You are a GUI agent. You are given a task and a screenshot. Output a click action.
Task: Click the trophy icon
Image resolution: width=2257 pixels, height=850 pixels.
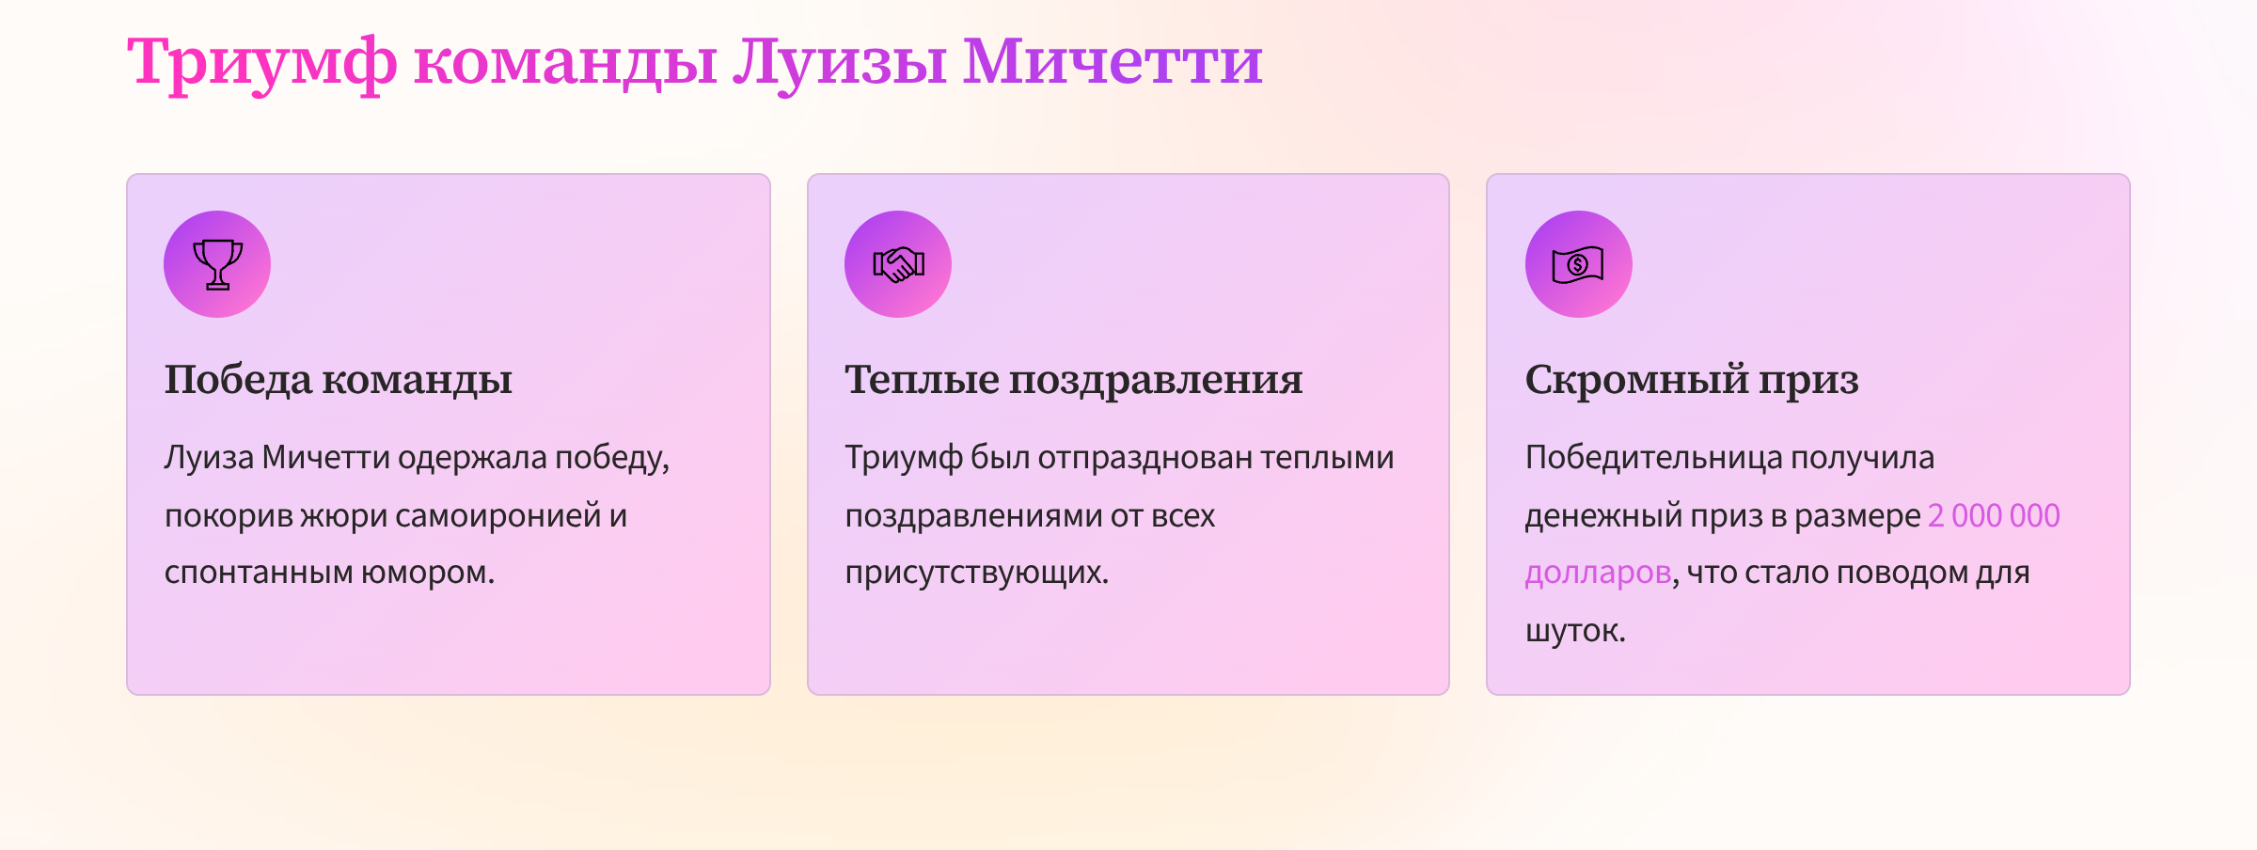(217, 264)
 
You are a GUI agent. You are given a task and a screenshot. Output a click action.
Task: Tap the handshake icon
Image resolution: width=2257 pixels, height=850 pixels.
(898, 264)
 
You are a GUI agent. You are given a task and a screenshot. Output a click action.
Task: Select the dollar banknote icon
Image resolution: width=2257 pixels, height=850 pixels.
(1578, 264)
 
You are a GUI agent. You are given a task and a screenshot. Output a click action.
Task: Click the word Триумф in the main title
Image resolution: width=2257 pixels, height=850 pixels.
(262, 62)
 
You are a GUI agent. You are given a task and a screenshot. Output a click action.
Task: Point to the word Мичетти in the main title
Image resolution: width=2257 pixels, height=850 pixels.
(1112, 62)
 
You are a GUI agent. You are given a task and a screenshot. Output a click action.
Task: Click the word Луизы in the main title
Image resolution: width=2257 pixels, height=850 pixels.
(840, 62)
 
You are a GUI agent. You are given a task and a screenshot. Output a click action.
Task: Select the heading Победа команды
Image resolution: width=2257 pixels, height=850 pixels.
(339, 380)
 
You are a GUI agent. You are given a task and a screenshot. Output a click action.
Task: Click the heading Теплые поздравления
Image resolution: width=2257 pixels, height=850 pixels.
(1073, 380)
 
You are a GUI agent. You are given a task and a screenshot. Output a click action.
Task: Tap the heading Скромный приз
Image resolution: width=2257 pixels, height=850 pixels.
(1692, 380)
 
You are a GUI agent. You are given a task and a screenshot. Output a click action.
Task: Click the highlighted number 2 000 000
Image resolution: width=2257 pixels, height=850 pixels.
(1994, 515)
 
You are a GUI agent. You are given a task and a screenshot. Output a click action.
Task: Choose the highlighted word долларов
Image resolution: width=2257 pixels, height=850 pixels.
(1598, 573)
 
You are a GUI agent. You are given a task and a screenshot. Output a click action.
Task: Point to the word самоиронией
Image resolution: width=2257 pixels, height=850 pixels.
(497, 515)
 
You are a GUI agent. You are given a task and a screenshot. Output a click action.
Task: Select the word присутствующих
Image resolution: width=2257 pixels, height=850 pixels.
(976, 573)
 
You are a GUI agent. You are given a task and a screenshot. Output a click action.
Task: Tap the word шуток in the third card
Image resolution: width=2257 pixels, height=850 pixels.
(1574, 631)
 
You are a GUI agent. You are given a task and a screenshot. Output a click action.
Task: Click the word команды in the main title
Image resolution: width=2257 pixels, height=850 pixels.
(565, 62)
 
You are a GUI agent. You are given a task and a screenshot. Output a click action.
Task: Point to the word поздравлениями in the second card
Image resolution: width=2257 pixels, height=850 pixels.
(973, 515)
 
